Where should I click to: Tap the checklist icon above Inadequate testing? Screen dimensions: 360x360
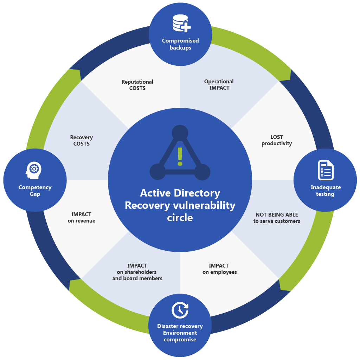[x=326, y=170]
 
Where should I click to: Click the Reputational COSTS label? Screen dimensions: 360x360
[x=137, y=85]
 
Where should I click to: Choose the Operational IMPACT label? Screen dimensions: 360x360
[x=219, y=85]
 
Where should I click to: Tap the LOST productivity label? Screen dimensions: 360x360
[x=277, y=140]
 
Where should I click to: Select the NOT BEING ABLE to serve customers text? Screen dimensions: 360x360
[x=277, y=218]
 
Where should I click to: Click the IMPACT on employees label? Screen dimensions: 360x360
[x=219, y=269]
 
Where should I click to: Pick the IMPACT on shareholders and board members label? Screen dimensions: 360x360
[x=137, y=272]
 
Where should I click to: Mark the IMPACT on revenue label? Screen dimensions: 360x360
[x=82, y=218]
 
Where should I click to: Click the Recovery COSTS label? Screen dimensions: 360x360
[x=82, y=141]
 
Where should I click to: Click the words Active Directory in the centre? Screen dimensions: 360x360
[x=180, y=193]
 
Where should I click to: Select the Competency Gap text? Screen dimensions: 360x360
[x=35, y=191]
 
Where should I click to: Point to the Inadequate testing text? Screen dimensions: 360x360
[x=325, y=191]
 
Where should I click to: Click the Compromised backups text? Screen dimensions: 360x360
[x=180, y=44]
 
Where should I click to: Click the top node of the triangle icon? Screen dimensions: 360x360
[x=180, y=133]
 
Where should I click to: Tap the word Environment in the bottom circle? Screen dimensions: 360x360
[x=180, y=333]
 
